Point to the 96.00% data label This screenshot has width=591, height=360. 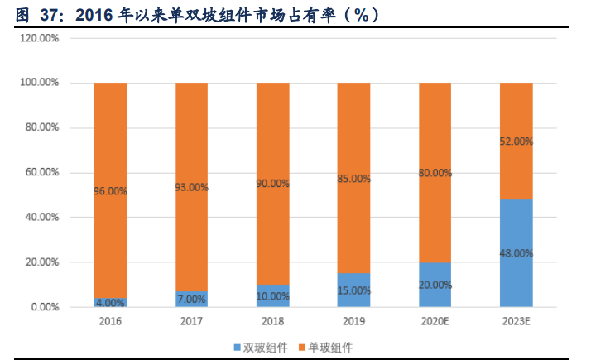coord(110,191)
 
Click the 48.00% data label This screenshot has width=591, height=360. coord(516,253)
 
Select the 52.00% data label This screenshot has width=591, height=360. coord(516,142)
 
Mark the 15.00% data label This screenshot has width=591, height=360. coord(353,290)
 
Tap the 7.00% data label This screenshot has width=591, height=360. coord(191,299)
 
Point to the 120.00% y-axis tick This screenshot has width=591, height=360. coord(39,38)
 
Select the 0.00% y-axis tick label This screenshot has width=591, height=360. coord(44,307)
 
